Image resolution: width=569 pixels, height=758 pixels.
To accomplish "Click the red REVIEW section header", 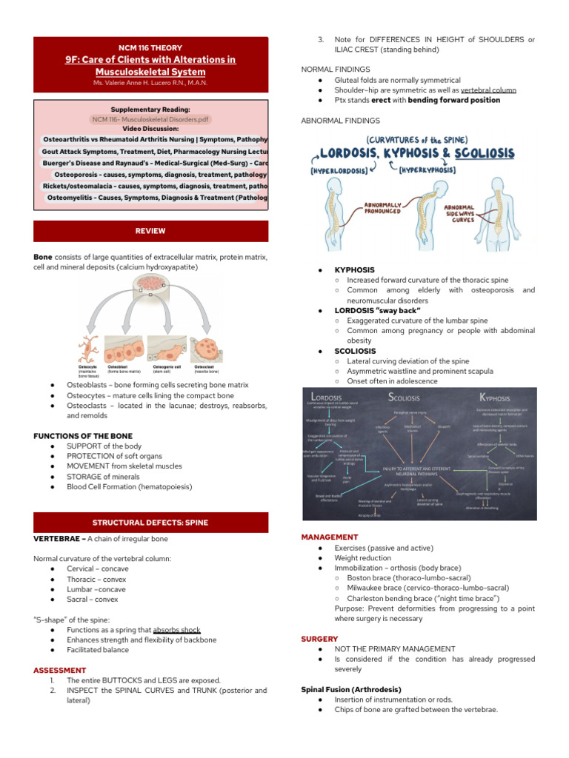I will (x=150, y=231).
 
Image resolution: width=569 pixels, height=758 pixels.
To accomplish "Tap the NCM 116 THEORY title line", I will (x=150, y=47).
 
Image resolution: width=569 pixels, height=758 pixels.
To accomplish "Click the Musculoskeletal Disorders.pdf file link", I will (x=151, y=118).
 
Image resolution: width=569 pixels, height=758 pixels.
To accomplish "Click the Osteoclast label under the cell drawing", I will (x=205, y=366).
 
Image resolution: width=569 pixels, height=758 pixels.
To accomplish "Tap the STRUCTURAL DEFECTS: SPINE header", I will (x=150, y=523).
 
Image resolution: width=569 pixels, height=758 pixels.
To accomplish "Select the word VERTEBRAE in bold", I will (x=57, y=538).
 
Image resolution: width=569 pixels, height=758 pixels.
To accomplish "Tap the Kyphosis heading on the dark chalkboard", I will (x=494, y=398).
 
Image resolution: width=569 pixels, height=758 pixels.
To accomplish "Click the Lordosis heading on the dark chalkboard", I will (x=327, y=398).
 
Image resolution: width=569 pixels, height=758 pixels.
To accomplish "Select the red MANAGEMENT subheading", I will (x=330, y=537).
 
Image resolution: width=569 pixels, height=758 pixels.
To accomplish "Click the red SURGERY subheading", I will (x=319, y=638).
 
